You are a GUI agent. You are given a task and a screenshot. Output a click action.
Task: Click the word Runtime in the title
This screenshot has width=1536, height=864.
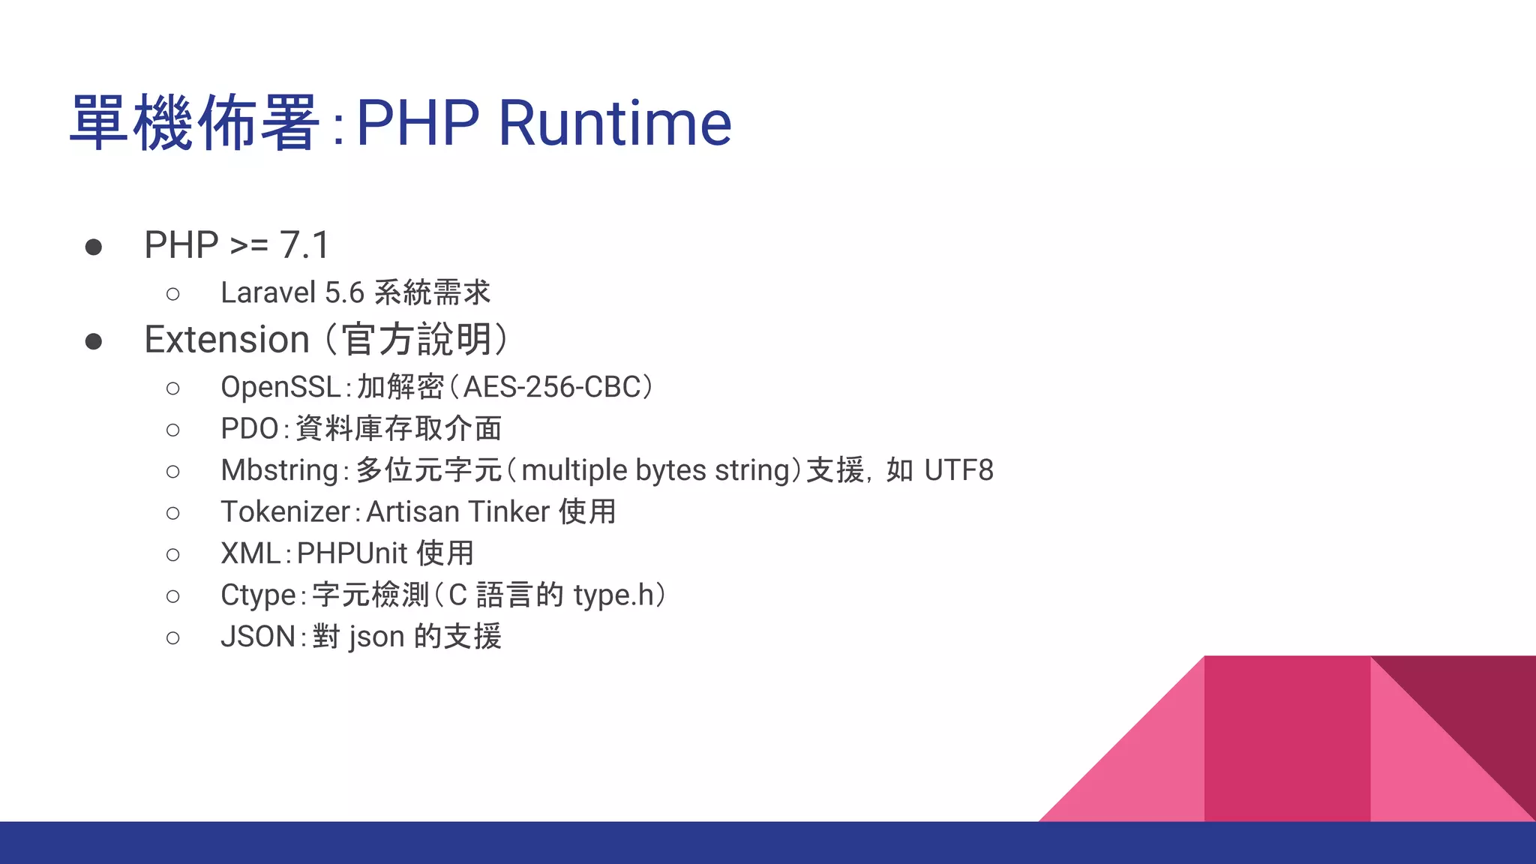614,123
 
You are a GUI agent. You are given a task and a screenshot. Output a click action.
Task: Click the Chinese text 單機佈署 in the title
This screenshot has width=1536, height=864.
195,123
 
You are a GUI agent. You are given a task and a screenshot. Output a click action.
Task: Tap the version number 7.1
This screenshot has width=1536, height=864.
304,245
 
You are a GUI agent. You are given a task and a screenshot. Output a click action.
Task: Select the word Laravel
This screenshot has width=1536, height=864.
268,292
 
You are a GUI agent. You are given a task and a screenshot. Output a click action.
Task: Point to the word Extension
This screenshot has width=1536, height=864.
226,340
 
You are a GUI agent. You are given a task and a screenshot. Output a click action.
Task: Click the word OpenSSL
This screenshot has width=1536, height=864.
280,387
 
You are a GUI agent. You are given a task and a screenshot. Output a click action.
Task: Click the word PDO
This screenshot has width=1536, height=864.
249,429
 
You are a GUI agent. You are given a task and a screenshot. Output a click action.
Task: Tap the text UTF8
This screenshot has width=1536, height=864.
958,470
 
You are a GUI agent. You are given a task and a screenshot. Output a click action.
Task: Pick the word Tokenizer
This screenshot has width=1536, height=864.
285,511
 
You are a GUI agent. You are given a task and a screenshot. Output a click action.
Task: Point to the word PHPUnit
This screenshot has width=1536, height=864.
352,553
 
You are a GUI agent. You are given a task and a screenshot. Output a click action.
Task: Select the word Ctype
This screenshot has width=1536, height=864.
258,595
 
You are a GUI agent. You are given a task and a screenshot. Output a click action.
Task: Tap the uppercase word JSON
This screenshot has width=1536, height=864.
257,637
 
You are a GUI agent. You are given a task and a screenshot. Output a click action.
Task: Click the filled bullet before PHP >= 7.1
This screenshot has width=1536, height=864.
94,247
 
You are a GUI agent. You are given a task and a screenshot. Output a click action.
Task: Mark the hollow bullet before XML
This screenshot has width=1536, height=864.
173,555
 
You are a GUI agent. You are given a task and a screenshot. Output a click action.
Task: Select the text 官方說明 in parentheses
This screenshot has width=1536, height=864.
417,340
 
